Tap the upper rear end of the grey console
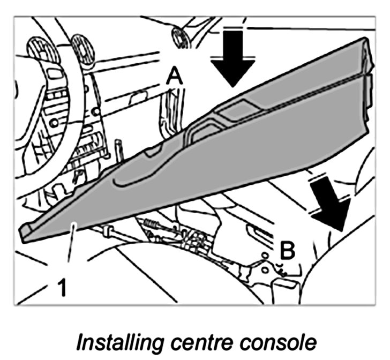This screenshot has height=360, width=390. point(370,48)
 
